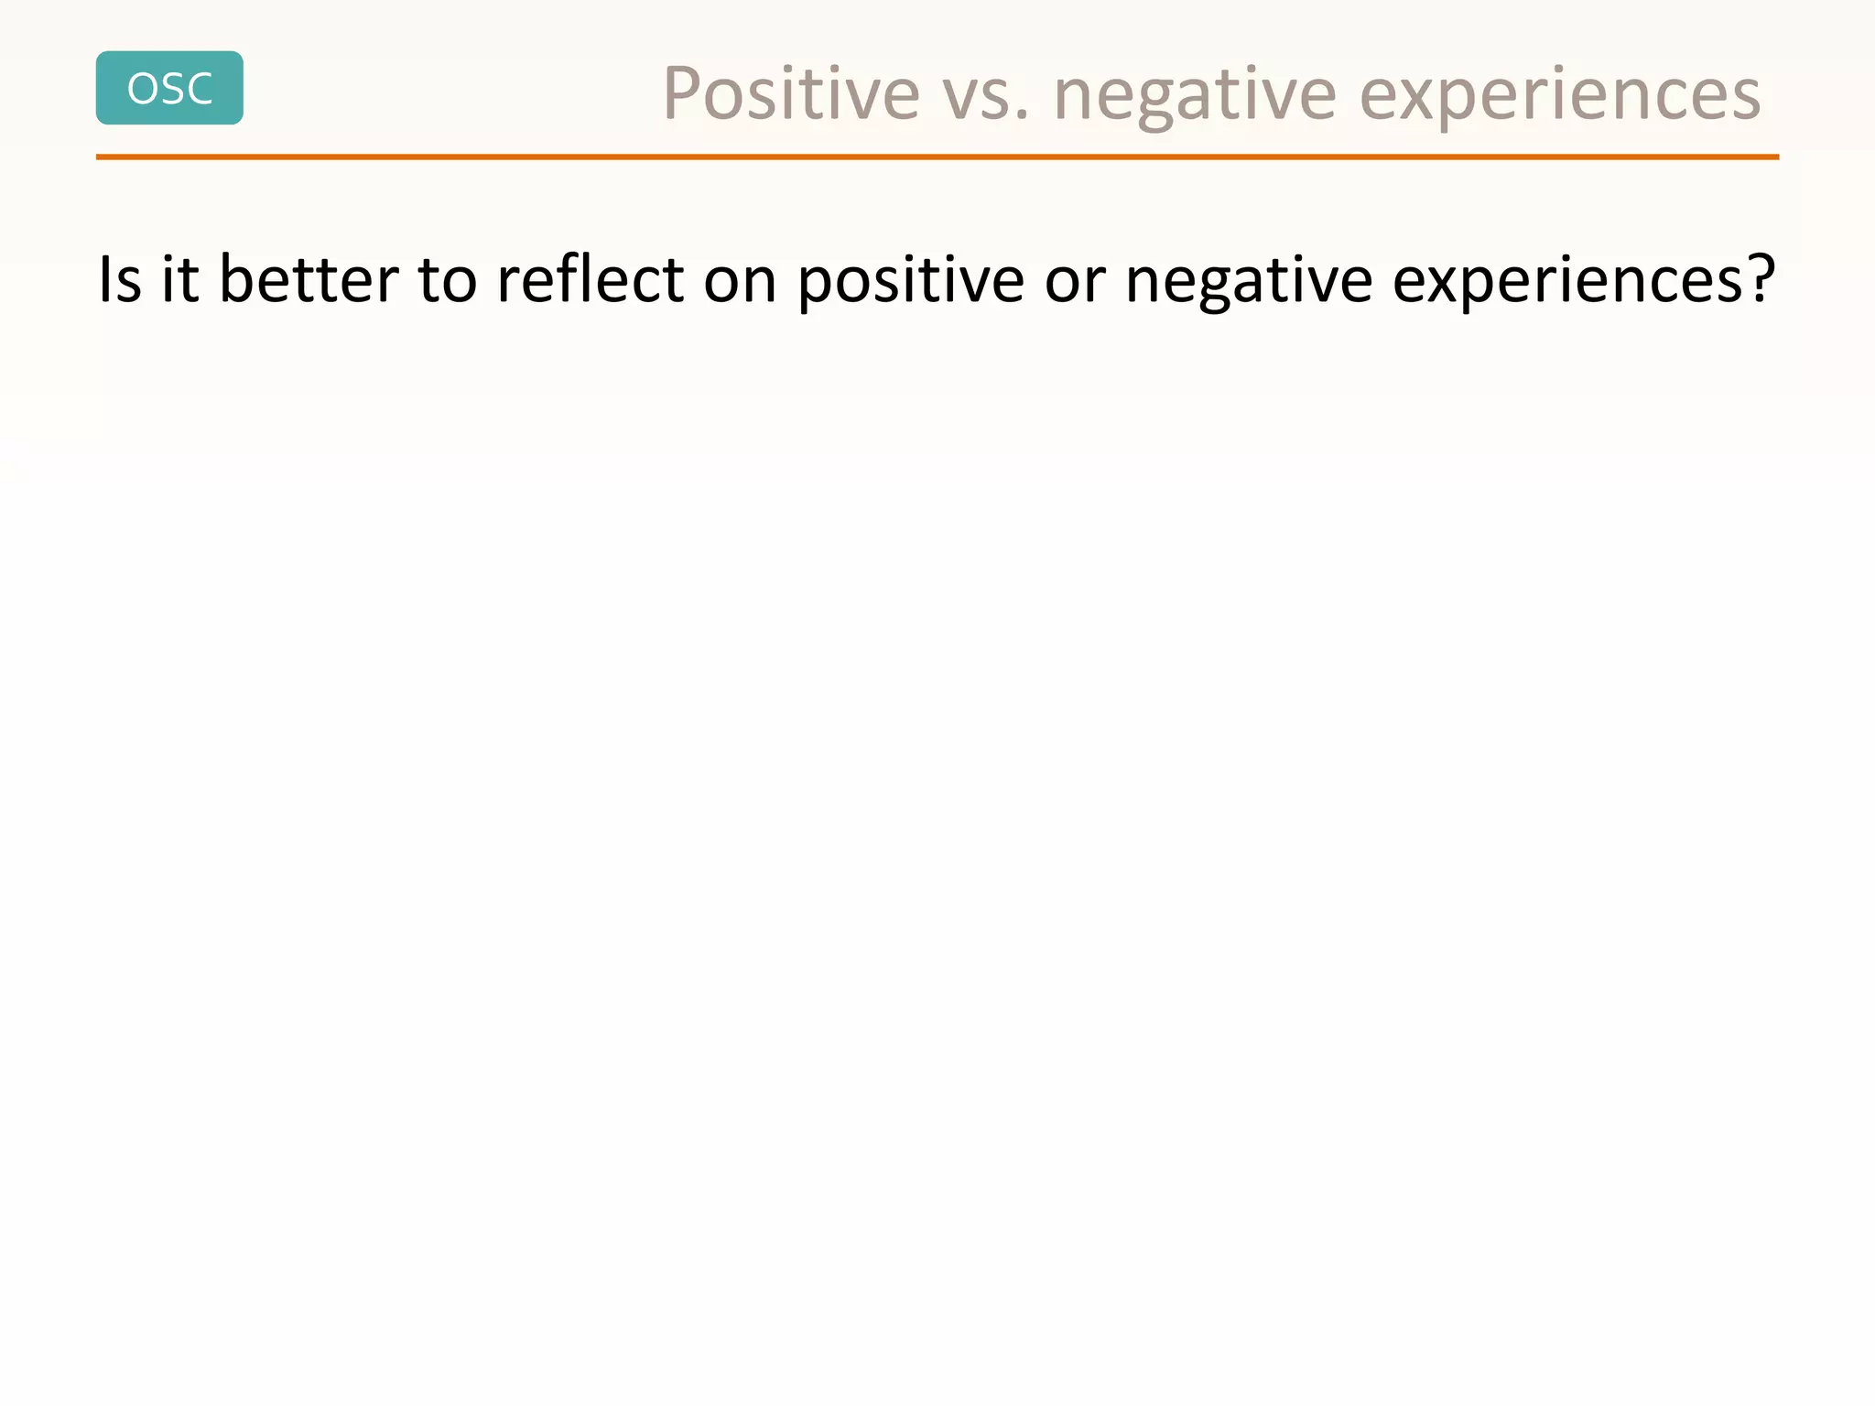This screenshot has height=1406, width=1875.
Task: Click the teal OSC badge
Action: [x=169, y=88]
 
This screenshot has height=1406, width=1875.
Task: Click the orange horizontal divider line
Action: [x=937, y=157]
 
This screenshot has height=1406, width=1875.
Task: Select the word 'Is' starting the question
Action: [x=119, y=279]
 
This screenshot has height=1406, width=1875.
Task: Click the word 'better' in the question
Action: [x=309, y=279]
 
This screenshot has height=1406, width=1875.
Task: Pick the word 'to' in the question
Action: [x=447, y=279]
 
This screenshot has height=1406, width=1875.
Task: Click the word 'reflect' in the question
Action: [x=590, y=279]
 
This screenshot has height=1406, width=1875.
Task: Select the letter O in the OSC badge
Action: [x=143, y=89]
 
